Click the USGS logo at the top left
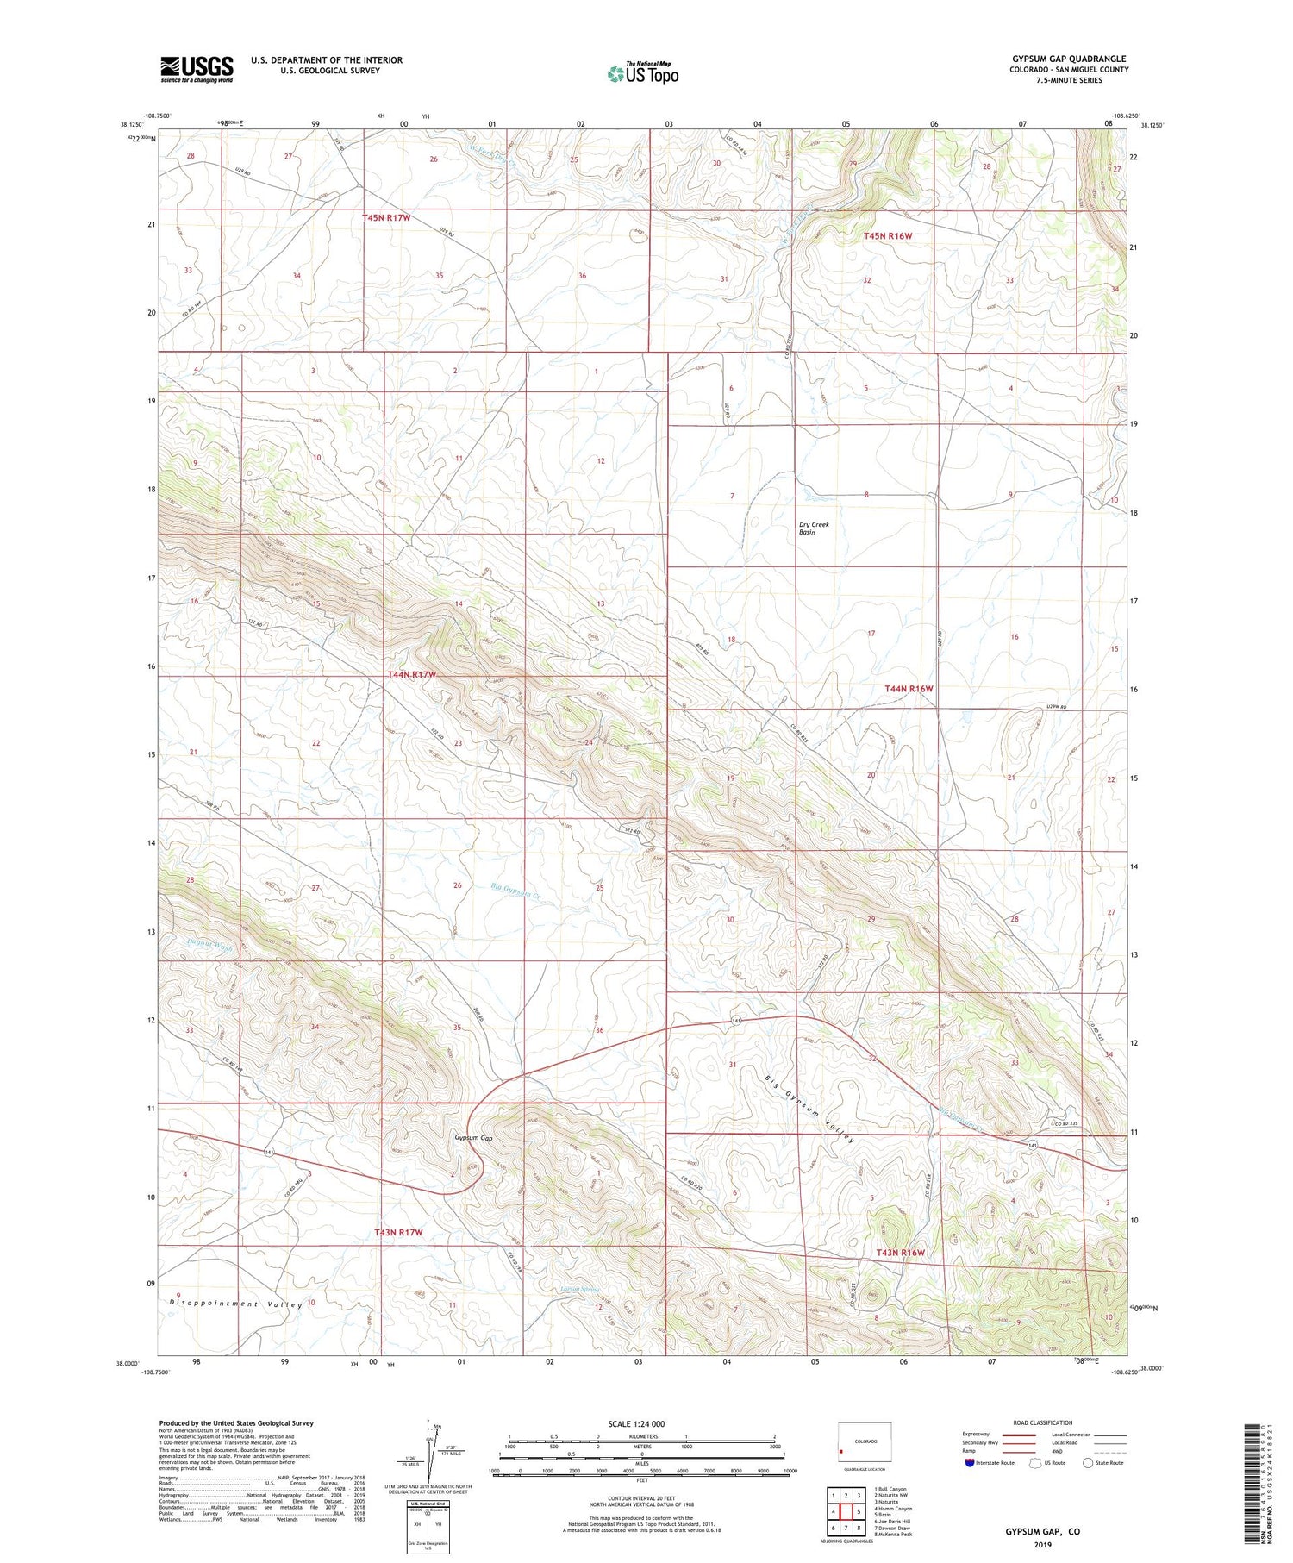(x=197, y=69)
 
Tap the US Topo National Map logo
(x=642, y=74)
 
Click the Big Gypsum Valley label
(x=810, y=1109)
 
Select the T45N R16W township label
(x=888, y=235)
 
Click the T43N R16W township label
(x=900, y=1253)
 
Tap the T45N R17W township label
(x=385, y=218)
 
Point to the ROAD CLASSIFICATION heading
(x=1042, y=1422)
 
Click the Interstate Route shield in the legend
(x=970, y=1463)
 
